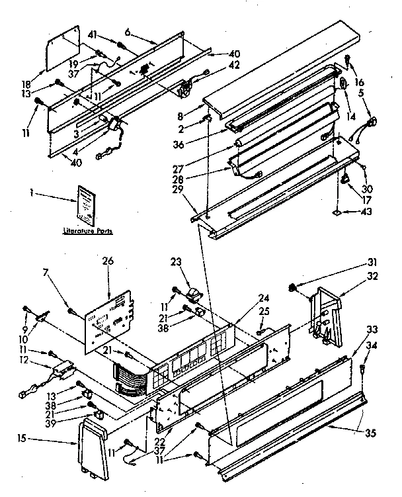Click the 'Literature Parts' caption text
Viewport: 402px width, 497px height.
[x=87, y=232]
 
